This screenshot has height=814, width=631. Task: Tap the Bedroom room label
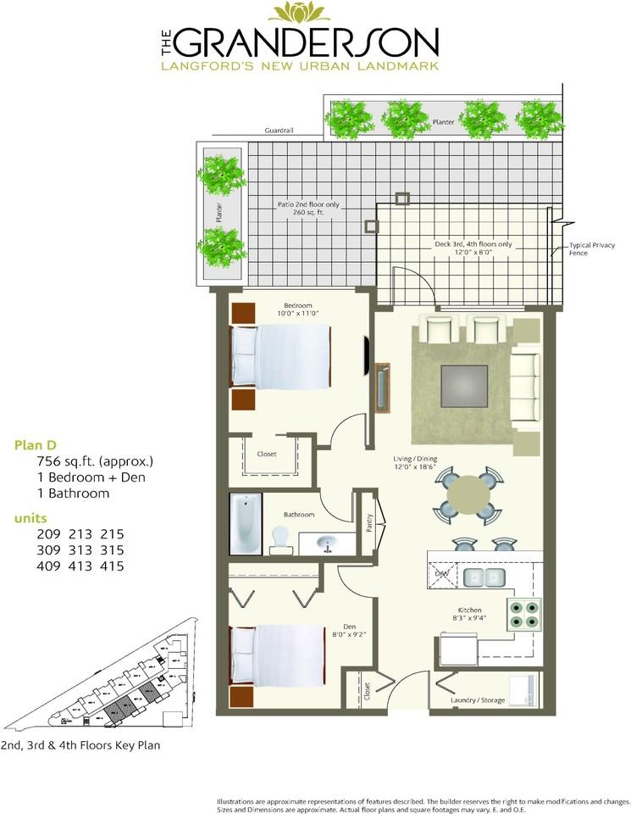point(297,305)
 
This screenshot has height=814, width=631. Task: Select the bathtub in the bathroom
point(245,525)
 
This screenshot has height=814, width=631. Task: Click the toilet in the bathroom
point(280,541)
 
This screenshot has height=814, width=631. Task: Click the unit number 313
point(80,549)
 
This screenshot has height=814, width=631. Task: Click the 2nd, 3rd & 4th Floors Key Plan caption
point(80,746)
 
